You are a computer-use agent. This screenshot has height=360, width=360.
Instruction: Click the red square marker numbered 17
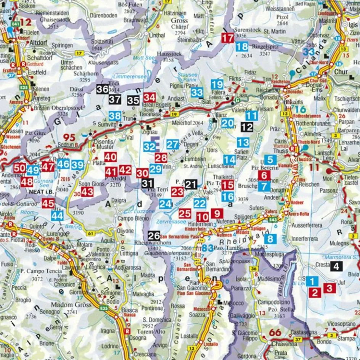point(228,38)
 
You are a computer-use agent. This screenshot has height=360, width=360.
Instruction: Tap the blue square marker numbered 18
point(242,47)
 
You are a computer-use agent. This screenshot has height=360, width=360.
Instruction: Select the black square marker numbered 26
point(154,236)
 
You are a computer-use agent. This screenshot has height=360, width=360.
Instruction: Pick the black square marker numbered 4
point(336,267)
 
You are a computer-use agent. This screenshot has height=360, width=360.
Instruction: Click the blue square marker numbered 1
point(312,282)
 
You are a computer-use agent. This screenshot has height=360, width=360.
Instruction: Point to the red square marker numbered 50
point(19,168)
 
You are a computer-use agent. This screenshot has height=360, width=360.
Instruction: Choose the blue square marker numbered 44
point(57,215)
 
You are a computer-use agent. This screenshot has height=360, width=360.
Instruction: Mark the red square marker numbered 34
point(149,98)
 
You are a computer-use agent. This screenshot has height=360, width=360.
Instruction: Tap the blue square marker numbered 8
point(270,239)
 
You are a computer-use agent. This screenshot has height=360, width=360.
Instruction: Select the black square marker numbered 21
point(191,185)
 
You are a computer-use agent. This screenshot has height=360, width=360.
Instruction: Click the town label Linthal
point(157,35)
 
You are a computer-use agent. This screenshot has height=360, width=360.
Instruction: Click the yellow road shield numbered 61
point(90,233)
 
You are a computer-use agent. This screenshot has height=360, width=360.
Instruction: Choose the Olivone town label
point(125,231)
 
